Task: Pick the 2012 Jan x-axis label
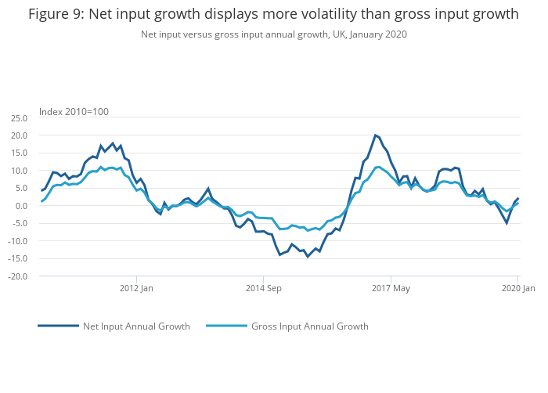click(136, 289)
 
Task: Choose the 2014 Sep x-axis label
click(263, 289)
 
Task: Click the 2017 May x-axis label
click(391, 289)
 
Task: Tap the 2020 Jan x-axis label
click(517, 289)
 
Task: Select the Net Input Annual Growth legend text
click(136, 326)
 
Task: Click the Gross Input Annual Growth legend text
click(309, 326)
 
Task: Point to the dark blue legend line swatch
click(58, 326)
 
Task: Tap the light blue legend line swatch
click(226, 326)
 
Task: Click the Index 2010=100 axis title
click(74, 111)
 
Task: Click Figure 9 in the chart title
click(58, 14)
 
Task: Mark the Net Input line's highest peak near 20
click(375, 135)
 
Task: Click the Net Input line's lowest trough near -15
click(308, 257)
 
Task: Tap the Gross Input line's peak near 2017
click(379, 167)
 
